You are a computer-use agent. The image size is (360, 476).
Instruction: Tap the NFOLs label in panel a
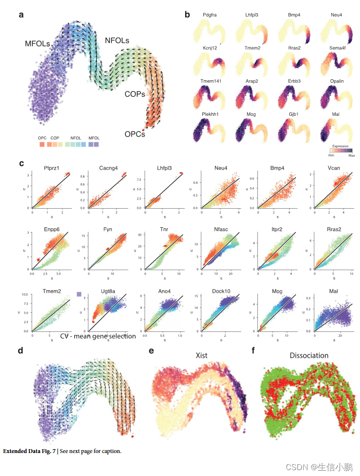pyautogui.click(x=117, y=40)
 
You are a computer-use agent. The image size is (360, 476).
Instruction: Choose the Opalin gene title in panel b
pyautogui.click(x=337, y=81)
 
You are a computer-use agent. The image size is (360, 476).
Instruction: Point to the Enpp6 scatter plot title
pyautogui.click(x=51, y=230)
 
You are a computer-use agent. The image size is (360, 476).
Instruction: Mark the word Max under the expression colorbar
pyautogui.click(x=351, y=156)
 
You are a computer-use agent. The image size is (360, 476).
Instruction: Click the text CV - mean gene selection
pyautogui.click(x=98, y=336)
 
